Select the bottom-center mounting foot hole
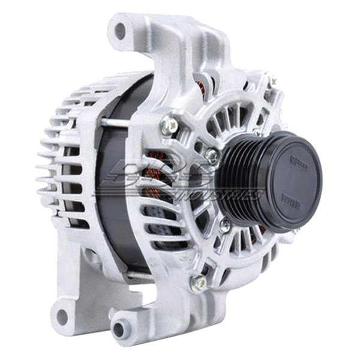point(121,329)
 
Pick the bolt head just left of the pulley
point(211,156)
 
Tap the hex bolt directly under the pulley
point(224,227)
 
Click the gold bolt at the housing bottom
point(197,281)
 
